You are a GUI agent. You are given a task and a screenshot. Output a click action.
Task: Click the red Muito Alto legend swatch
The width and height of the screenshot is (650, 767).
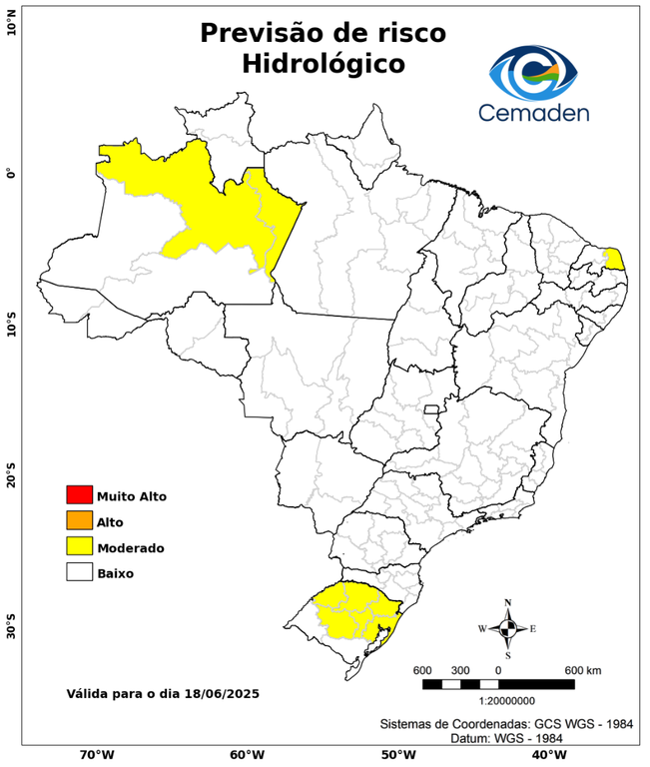(x=79, y=494)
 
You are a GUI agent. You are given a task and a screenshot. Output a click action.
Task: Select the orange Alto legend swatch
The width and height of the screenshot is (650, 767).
(x=79, y=520)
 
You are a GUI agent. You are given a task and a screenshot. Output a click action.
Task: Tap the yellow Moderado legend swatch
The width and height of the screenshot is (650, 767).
(x=79, y=546)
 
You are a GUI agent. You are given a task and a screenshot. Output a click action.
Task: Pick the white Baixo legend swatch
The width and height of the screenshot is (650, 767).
(x=79, y=572)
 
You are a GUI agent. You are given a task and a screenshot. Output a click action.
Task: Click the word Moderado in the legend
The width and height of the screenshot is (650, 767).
(x=131, y=547)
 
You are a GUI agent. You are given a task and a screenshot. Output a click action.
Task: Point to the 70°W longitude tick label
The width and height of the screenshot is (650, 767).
(x=96, y=755)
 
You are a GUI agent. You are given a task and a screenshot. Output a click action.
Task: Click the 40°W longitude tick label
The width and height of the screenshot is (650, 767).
(x=546, y=755)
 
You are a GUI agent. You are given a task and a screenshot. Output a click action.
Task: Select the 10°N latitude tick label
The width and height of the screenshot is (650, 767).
(x=12, y=22)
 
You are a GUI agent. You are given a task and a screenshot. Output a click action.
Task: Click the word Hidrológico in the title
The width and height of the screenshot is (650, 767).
(x=323, y=64)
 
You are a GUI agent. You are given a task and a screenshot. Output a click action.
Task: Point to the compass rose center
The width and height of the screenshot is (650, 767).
(x=507, y=628)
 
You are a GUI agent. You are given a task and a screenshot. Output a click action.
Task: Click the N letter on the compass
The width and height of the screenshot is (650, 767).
(x=507, y=601)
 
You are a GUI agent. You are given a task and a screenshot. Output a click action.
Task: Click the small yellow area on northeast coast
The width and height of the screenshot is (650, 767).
(x=616, y=259)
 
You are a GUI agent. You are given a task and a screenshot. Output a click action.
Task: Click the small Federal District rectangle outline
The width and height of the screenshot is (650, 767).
(x=432, y=409)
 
